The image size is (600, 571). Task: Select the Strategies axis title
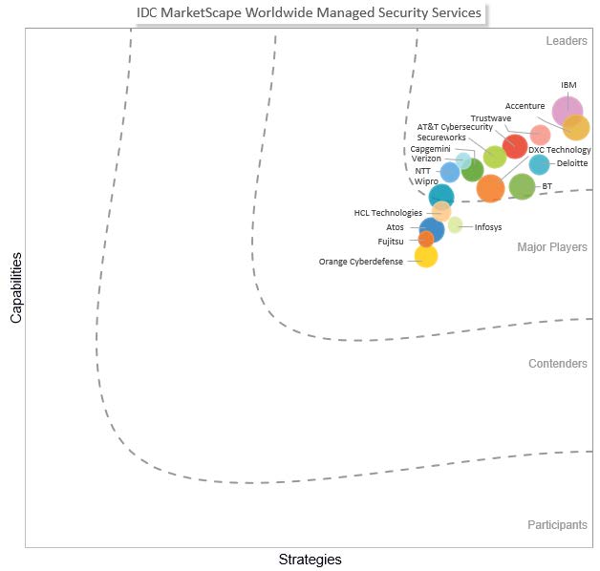(x=310, y=559)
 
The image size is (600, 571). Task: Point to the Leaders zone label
(x=567, y=41)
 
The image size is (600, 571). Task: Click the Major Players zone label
(x=552, y=247)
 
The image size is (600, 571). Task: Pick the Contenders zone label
(x=558, y=364)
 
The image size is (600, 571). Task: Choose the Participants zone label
(x=557, y=525)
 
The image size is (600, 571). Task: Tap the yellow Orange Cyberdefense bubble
(x=426, y=256)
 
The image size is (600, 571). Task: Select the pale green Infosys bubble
(x=455, y=225)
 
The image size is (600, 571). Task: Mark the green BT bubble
(x=522, y=186)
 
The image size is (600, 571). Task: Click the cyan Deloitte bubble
(x=539, y=164)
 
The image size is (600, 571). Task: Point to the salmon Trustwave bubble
(x=540, y=135)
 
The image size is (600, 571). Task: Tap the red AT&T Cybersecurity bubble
(x=514, y=146)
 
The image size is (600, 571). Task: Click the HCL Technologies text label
(x=388, y=213)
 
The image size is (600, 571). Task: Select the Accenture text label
(x=525, y=106)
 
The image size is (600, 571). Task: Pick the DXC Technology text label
(x=560, y=150)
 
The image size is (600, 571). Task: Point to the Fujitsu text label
(x=391, y=242)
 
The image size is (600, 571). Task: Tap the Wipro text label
(x=426, y=180)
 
